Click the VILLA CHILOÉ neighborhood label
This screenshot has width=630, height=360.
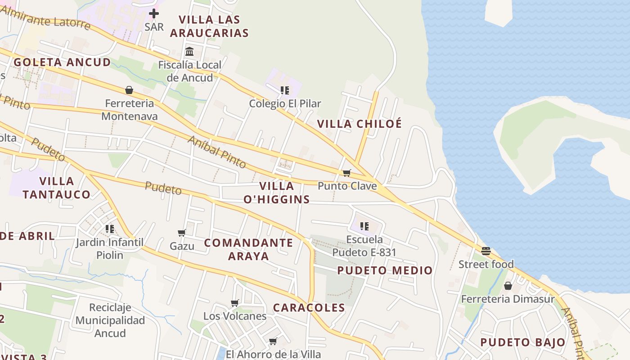click(x=359, y=124)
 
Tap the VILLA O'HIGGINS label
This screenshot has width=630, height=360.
click(x=276, y=193)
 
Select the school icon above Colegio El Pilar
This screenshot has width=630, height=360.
click(x=285, y=90)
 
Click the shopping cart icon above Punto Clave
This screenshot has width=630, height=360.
click(x=346, y=173)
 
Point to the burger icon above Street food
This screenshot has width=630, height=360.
click(x=486, y=251)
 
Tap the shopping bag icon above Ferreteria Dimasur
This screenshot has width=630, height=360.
click(x=508, y=286)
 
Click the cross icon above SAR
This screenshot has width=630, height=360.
click(x=154, y=13)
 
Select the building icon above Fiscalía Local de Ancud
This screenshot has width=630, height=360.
click(x=189, y=52)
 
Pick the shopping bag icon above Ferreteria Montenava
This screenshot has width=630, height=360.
click(x=129, y=90)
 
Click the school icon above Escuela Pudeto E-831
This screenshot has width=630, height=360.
click(x=364, y=226)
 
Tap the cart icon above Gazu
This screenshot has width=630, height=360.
click(x=182, y=233)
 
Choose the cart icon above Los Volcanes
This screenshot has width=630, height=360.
click(x=234, y=303)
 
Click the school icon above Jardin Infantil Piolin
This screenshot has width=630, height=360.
click(x=109, y=229)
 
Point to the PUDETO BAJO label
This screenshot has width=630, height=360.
click(x=522, y=342)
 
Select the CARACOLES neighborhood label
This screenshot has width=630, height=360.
click(x=309, y=308)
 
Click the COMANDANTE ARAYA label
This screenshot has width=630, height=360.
click(x=248, y=249)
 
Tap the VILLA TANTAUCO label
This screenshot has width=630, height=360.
click(x=56, y=188)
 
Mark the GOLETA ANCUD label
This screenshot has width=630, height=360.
click(x=62, y=62)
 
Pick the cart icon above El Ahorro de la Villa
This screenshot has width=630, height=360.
click(x=273, y=341)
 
